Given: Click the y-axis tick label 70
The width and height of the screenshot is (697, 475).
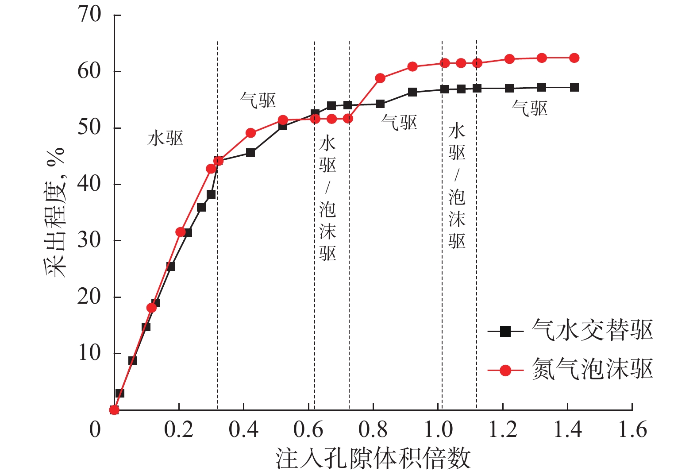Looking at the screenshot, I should (x=90, y=15).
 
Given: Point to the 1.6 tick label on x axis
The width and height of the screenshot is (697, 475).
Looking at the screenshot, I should (x=632, y=429).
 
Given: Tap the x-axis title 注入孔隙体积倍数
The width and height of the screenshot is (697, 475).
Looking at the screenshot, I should (x=373, y=458).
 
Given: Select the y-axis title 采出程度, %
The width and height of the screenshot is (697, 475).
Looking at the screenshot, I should (x=55, y=213).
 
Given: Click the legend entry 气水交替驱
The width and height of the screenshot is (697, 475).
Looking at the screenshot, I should (x=592, y=330).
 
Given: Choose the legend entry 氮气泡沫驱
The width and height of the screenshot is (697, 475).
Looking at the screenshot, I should (x=592, y=369).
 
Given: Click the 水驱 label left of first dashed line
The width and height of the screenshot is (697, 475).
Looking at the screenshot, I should (x=165, y=139).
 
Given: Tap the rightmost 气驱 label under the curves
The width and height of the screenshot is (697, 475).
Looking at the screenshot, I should (x=529, y=108).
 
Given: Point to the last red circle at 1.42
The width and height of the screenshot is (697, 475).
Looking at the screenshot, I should (x=574, y=58).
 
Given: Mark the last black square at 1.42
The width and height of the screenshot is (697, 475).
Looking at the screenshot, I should (x=574, y=88).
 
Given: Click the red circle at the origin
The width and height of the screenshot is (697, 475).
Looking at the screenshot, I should (x=114, y=409).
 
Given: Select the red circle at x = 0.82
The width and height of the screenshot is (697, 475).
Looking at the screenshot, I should (x=380, y=78).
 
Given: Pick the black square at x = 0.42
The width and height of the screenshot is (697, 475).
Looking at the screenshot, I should (x=250, y=153).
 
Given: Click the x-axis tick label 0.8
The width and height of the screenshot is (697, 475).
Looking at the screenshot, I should (x=373, y=429).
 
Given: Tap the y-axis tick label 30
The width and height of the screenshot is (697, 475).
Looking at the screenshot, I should (x=90, y=240).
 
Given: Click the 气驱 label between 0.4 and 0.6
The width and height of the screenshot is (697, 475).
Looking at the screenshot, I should (x=258, y=100).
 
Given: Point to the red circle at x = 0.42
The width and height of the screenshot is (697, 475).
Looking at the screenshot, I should (x=250, y=133).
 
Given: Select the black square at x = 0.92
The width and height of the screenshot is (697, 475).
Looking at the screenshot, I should (x=412, y=92).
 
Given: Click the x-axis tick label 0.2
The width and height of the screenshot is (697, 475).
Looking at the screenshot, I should (x=179, y=429).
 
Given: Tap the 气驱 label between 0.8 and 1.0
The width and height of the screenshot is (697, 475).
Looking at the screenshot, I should (x=399, y=123).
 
